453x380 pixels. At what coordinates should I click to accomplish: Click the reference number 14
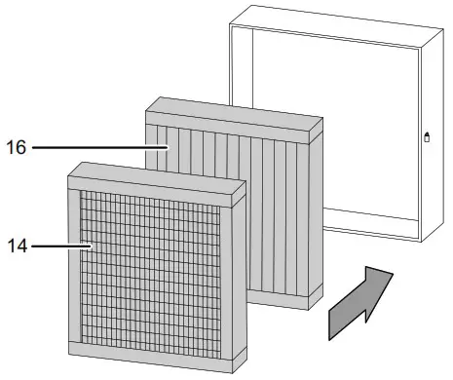pyautogui.click(x=18, y=247)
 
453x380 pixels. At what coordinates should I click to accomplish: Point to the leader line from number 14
pyautogui.click(x=60, y=247)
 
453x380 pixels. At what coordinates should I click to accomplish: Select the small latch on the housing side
pyautogui.click(x=427, y=139)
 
